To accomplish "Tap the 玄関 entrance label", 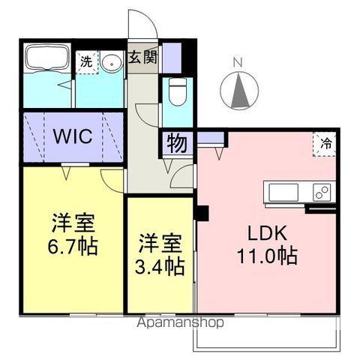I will [x=142, y=58].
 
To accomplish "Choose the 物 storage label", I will [x=177, y=142].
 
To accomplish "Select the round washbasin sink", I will [x=112, y=62].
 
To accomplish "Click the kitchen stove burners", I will [x=322, y=193].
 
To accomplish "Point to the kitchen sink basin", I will [x=283, y=193].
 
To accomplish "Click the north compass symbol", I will [x=238, y=91].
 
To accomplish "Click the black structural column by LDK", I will [x=200, y=212].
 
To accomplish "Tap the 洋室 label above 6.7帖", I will [x=72, y=223].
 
